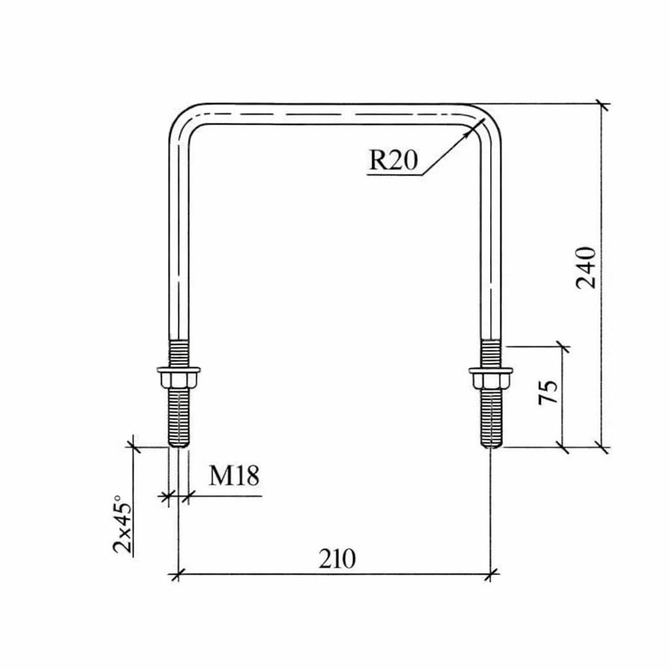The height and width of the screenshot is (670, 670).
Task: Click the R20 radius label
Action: click(x=393, y=161)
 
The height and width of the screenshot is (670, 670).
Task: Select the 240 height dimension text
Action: click(x=586, y=268)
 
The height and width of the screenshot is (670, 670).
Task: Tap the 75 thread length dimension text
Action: click(x=548, y=392)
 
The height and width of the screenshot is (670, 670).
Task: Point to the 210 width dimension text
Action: click(x=337, y=559)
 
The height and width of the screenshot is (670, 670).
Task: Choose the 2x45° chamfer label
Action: click(x=122, y=524)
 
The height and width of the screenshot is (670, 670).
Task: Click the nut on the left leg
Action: click(x=179, y=379)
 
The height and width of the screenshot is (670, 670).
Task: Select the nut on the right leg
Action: click(x=491, y=380)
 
